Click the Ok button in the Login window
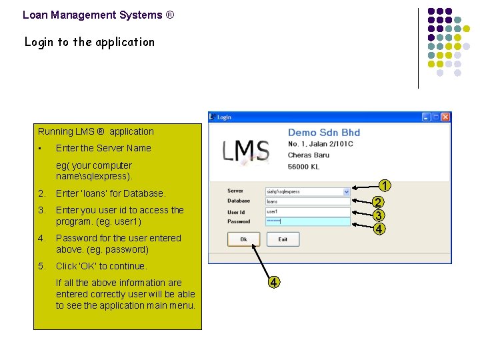(x=243, y=239)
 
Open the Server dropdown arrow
(x=347, y=192)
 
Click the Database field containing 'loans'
(x=307, y=201)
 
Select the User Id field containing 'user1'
(x=307, y=211)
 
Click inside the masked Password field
(x=307, y=221)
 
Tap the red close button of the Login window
(x=445, y=117)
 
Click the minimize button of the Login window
(x=427, y=117)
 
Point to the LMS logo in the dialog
(x=246, y=152)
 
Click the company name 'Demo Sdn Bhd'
(x=323, y=133)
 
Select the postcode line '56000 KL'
(x=304, y=166)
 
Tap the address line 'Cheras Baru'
(x=308, y=155)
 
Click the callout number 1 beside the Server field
(x=385, y=185)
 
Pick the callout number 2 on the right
(x=378, y=203)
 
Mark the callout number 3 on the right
(x=378, y=215)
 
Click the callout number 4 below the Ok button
(x=273, y=282)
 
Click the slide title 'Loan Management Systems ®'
(x=98, y=15)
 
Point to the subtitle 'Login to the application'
(x=89, y=42)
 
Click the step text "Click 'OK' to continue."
(x=101, y=266)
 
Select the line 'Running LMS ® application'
(x=96, y=131)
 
